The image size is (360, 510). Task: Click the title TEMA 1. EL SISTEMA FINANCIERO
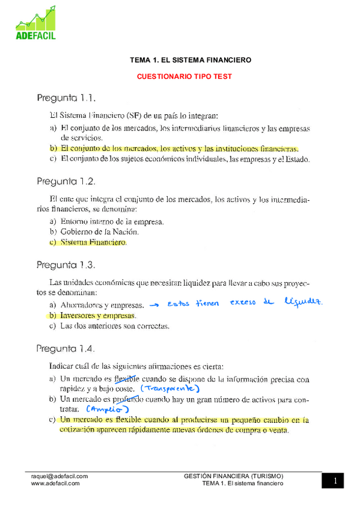(x=191, y=60)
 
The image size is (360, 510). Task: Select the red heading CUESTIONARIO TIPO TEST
(x=185, y=76)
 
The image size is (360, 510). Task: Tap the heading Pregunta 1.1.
(x=66, y=97)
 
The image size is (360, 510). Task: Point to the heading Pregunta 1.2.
(x=66, y=181)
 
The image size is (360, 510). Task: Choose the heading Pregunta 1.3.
(x=66, y=265)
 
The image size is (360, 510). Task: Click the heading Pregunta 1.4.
(x=66, y=348)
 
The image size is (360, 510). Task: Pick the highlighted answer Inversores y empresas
(x=98, y=315)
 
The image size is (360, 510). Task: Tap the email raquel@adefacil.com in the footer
(x=59, y=476)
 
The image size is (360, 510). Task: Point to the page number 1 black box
(x=335, y=481)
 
